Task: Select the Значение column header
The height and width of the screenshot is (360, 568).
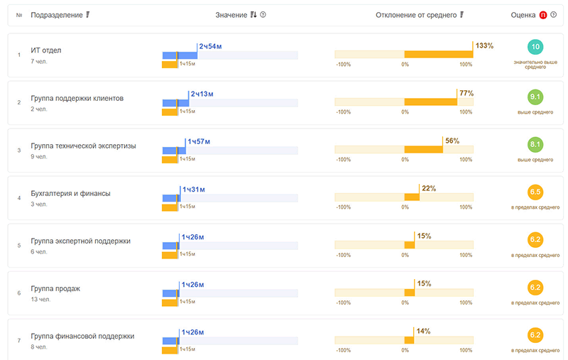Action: [x=231, y=15]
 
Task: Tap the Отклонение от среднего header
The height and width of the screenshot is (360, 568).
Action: [x=415, y=15]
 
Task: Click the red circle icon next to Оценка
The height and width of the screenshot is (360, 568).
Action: [x=544, y=15]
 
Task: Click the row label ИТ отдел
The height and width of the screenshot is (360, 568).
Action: [x=47, y=50]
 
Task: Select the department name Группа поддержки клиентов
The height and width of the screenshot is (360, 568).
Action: [x=77, y=98]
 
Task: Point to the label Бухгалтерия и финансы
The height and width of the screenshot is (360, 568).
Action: [x=70, y=193]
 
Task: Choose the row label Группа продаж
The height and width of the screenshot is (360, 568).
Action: [x=55, y=288]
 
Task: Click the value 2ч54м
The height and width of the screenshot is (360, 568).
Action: [x=212, y=46]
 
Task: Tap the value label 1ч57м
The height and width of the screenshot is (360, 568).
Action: [x=200, y=141]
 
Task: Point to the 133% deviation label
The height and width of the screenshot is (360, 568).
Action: [x=484, y=46]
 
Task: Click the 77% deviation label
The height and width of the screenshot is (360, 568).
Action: [x=466, y=94]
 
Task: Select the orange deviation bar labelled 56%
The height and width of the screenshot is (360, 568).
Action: [x=423, y=149]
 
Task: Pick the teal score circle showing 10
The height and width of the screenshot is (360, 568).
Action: [x=536, y=48]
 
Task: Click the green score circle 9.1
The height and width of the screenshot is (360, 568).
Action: [x=536, y=97]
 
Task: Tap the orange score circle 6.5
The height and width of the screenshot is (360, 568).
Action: [x=536, y=192]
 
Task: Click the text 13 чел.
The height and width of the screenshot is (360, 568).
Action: [x=40, y=300]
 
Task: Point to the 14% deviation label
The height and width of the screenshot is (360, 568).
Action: [x=423, y=331]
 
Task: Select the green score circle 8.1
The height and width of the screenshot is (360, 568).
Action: [x=536, y=145]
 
